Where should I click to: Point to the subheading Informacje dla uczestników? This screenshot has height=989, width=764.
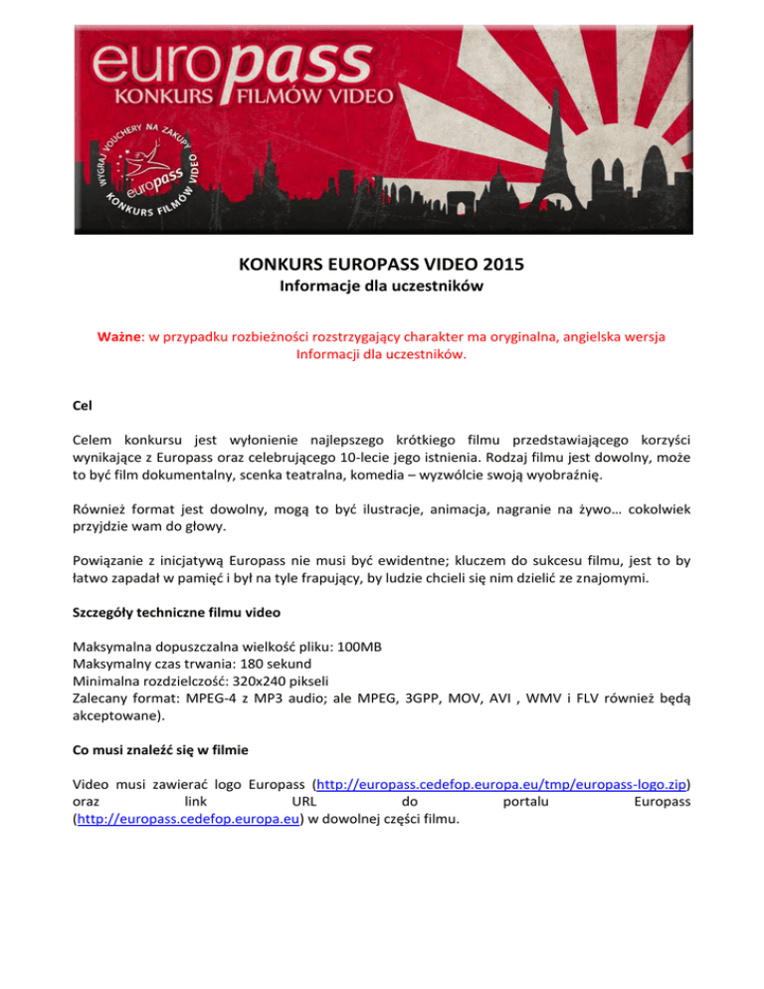pos(382,291)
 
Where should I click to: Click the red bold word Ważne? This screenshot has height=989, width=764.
pos(120,337)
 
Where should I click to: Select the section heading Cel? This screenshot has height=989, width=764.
pos(85,405)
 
